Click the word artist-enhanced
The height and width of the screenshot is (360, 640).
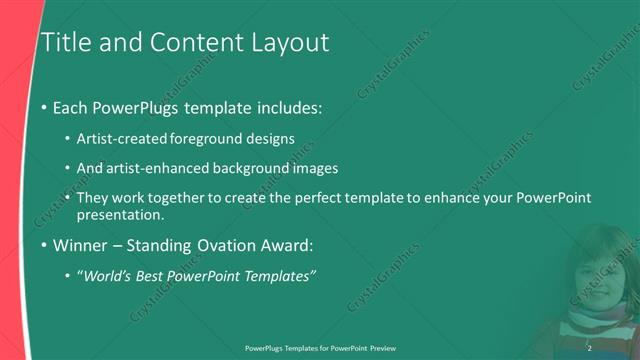[173, 168]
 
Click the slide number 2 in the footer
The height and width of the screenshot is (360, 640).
[589, 347]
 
